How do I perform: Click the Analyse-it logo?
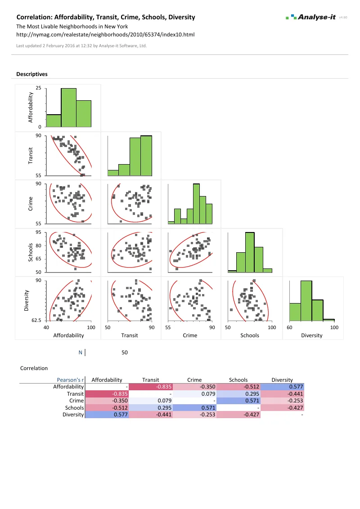click(x=310, y=17)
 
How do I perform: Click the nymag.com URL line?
click(x=105, y=34)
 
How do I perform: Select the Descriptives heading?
click(x=32, y=74)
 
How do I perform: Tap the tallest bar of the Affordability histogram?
click(x=68, y=108)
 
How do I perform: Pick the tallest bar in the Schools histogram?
click(x=250, y=252)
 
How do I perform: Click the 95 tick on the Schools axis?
click(x=39, y=232)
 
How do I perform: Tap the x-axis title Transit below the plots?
click(x=130, y=335)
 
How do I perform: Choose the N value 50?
click(x=125, y=353)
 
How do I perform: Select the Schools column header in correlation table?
click(x=238, y=380)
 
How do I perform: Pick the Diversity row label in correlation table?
click(x=73, y=415)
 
